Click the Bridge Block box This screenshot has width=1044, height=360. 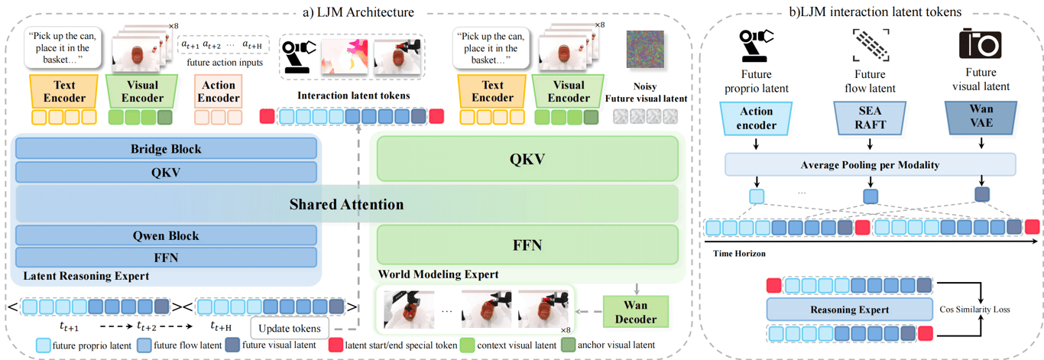pos(166,149)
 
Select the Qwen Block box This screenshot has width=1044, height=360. pos(166,235)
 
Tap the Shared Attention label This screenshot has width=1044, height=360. pos(346,204)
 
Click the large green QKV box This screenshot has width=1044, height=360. pos(527,159)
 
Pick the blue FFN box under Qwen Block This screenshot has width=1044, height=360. pos(166,258)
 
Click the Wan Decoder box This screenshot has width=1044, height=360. pos(636,312)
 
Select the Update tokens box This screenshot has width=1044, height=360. pos(290,329)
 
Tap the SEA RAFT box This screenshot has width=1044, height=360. pos(870,118)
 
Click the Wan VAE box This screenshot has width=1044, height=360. pos(981,117)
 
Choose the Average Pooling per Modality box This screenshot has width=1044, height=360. pos(871,164)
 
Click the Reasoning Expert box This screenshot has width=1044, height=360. pos(850,310)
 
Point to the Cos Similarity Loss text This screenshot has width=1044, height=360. pos(974,310)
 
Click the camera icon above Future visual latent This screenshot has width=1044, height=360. pos(980,44)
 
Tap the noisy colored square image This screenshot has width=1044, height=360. pos(645,49)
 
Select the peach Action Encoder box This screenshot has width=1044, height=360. pos(219,92)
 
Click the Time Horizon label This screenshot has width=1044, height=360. pos(739,254)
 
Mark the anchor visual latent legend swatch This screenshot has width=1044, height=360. pos(568,345)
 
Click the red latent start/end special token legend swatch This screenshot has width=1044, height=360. pos(336,345)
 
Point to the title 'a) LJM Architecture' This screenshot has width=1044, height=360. pos(358,12)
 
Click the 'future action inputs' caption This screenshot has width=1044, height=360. pos(225,63)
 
